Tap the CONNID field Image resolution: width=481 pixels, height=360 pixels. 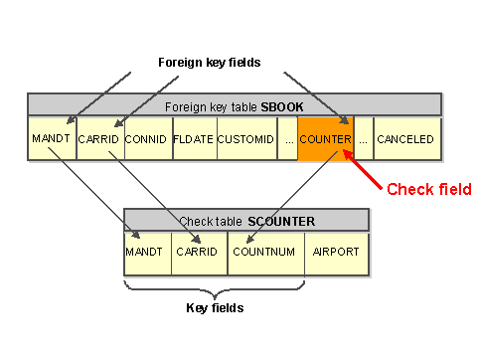point(145,139)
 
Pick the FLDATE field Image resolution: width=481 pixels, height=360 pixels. point(193,139)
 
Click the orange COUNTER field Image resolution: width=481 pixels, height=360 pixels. point(325,139)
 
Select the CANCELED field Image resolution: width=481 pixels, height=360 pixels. point(405,139)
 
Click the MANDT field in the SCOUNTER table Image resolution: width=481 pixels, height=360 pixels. point(145,252)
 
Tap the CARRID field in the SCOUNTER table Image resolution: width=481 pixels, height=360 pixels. point(198,252)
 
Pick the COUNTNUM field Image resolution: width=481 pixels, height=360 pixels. point(264,252)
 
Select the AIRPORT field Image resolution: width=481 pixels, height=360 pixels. point(336,252)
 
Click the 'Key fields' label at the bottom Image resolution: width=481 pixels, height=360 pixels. point(216,308)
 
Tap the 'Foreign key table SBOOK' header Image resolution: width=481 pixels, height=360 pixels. point(234,104)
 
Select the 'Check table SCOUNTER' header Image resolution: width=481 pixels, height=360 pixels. point(245,220)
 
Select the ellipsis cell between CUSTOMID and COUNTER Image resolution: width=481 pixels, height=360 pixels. point(287,139)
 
